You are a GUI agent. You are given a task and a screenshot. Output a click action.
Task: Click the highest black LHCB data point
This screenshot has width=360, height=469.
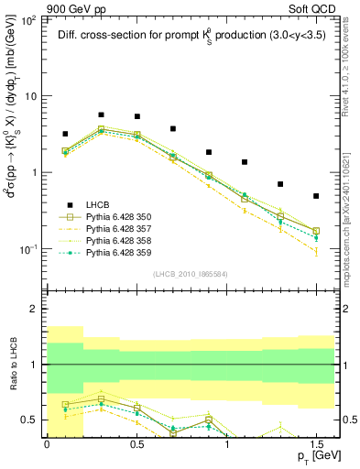pos(101,115)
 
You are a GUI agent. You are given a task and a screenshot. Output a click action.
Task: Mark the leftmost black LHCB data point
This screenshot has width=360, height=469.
pos(65,134)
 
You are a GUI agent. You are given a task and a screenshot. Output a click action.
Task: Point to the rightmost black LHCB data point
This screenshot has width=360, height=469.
pos(316,196)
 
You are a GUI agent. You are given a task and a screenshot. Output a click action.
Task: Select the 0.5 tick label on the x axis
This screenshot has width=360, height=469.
pos(136,444)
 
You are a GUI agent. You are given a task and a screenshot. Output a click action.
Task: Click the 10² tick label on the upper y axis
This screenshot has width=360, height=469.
pos(27,18)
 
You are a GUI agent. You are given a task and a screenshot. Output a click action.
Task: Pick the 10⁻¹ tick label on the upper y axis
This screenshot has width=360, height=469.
pos(27,249)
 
